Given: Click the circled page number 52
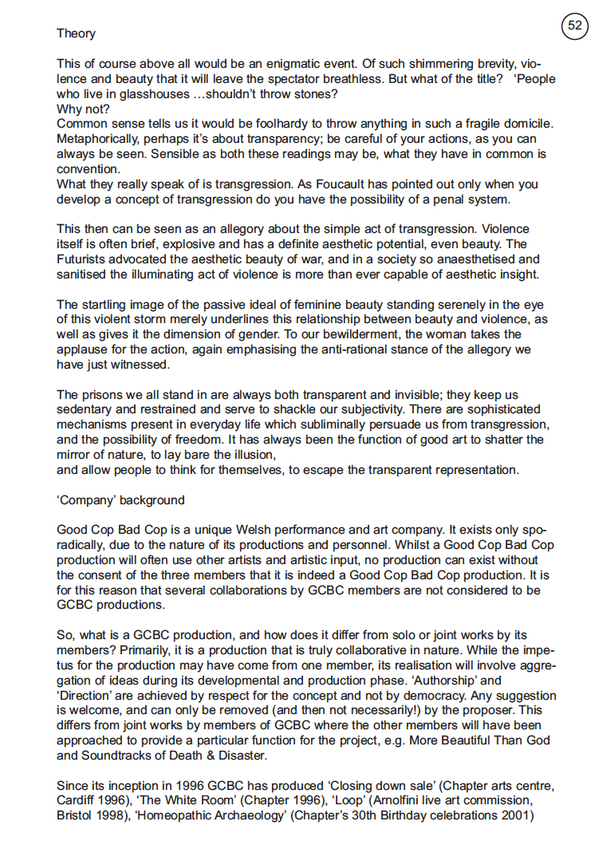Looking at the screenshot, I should (575, 26).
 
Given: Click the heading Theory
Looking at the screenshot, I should (76, 34).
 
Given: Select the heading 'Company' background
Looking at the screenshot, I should (120, 500).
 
